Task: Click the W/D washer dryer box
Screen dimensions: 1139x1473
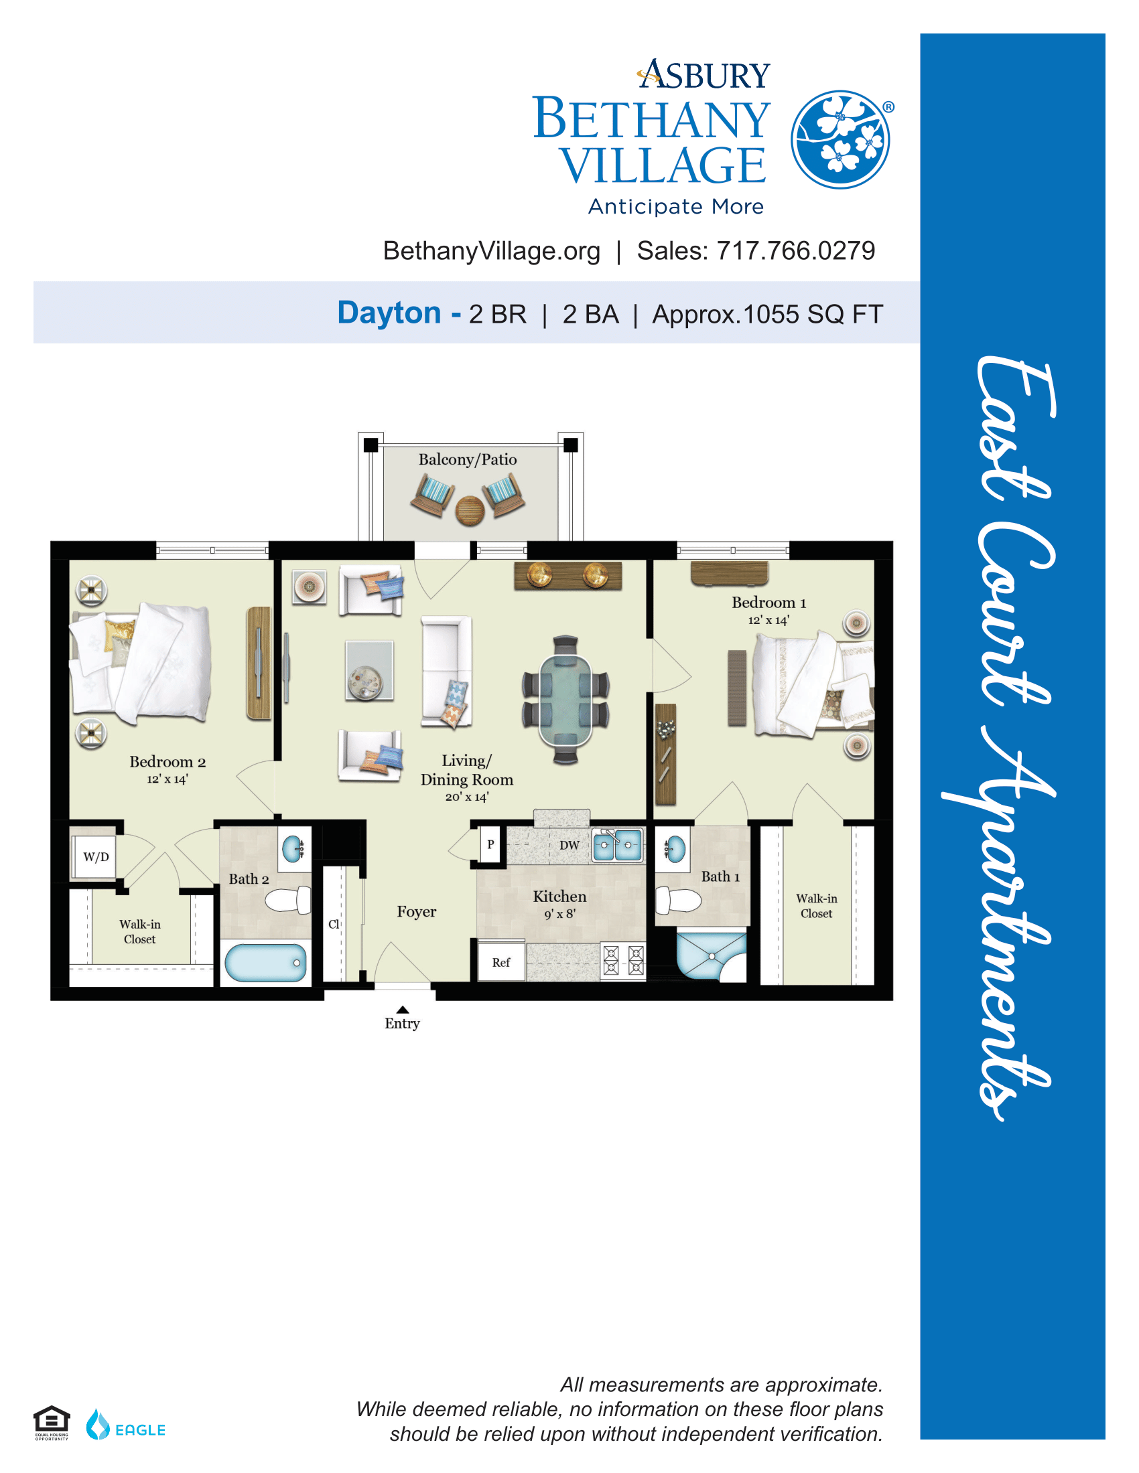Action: pos(96,856)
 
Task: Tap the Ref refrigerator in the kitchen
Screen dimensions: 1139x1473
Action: pos(500,961)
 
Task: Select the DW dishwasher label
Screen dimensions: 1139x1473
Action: pos(569,845)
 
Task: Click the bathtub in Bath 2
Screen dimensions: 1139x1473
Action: pos(265,962)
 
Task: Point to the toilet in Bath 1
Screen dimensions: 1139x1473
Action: pos(679,900)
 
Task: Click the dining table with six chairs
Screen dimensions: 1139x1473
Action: pos(565,700)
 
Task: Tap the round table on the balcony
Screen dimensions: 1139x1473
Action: pos(470,511)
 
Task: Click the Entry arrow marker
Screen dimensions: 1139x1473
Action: pos(403,1009)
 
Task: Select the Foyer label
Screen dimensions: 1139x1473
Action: pos(416,912)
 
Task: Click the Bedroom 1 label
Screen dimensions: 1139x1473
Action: pos(768,603)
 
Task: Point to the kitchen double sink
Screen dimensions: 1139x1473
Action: pos(616,846)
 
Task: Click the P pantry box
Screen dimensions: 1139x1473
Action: pos(490,844)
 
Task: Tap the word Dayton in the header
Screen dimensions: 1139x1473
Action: pos(389,313)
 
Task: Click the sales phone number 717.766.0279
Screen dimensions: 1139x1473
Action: pos(795,251)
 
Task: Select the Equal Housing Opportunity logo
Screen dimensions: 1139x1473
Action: pos(52,1423)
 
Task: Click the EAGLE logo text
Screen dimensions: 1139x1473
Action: pos(140,1430)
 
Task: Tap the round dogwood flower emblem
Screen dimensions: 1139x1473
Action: pos(840,140)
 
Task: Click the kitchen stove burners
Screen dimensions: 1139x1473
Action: pos(623,960)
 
